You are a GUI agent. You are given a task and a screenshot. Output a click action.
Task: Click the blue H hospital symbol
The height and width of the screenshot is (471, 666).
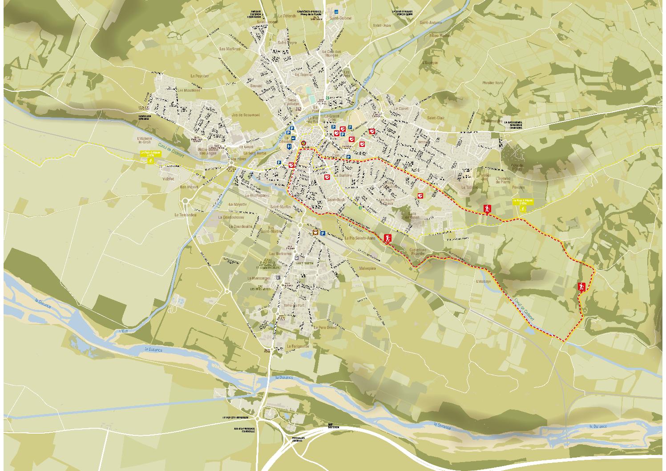click(x=290, y=146)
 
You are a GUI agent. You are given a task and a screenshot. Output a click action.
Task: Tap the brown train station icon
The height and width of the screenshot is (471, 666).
click(x=315, y=232)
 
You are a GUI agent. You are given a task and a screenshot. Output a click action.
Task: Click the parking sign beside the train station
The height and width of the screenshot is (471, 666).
click(x=323, y=233)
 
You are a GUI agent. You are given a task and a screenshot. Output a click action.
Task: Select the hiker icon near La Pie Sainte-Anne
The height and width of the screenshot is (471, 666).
click(x=387, y=238)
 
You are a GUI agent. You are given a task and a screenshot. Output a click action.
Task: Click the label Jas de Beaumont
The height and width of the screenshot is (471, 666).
click(x=245, y=115)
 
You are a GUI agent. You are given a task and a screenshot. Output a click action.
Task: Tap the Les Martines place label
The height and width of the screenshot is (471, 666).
click(x=230, y=49)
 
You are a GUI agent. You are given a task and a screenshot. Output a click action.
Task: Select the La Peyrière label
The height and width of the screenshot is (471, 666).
click(x=199, y=76)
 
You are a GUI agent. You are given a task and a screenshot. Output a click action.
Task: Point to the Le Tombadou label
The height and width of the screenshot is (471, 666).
click(x=186, y=215)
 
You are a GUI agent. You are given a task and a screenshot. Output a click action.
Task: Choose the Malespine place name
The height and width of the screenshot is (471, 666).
click(x=367, y=269)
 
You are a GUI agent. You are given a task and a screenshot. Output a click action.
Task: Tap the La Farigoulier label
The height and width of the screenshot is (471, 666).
click(x=298, y=346)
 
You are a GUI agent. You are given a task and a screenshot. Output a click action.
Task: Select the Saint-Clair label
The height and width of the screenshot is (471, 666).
click(x=436, y=118)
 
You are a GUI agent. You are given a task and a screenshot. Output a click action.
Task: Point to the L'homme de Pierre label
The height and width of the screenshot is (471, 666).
click(x=505, y=180)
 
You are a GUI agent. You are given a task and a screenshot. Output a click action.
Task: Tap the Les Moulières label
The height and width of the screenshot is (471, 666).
click(x=187, y=90)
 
